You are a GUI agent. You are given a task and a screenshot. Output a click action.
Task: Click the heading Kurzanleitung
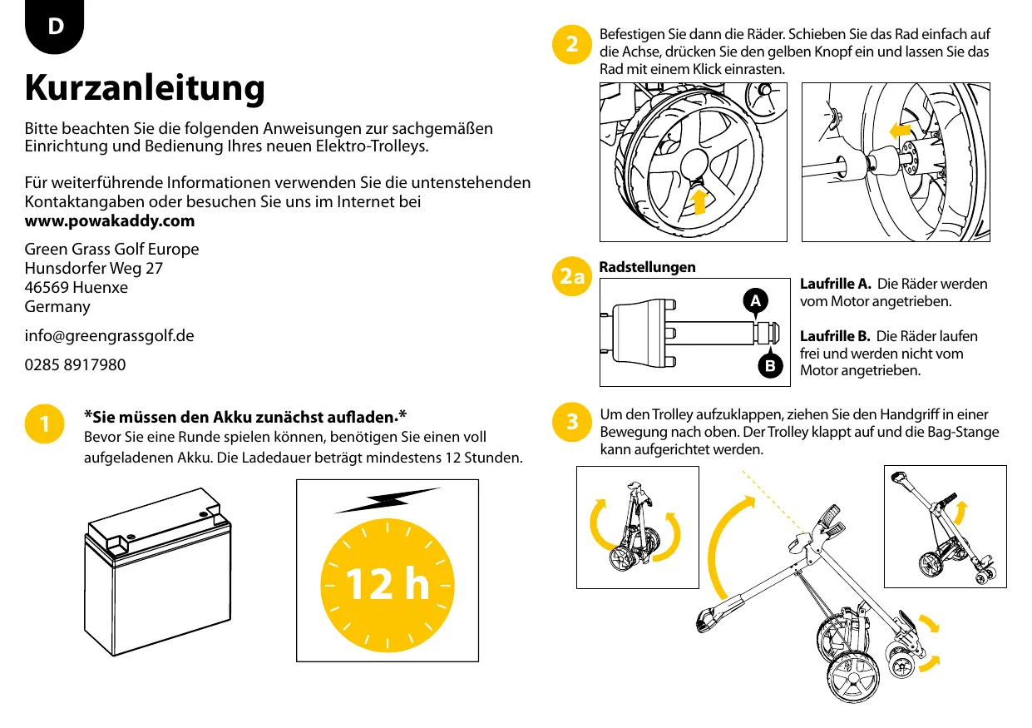[145, 87]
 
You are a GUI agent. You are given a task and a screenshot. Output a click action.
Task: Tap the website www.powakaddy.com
[109, 221]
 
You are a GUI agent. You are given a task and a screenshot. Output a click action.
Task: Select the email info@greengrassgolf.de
[109, 336]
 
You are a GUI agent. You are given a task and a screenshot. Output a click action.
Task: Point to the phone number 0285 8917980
[75, 364]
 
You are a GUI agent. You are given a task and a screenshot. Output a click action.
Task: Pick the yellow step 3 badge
[571, 422]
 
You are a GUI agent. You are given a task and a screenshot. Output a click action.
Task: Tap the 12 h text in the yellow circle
[387, 585]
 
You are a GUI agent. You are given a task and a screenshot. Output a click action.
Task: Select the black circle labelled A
[753, 300]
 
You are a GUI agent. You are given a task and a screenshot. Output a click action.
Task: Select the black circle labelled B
[770, 365]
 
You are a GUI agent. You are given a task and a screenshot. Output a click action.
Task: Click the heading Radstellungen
[647, 267]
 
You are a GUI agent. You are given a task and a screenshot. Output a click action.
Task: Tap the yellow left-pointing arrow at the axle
[898, 131]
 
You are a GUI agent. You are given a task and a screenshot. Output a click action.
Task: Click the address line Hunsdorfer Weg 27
[93, 268]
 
